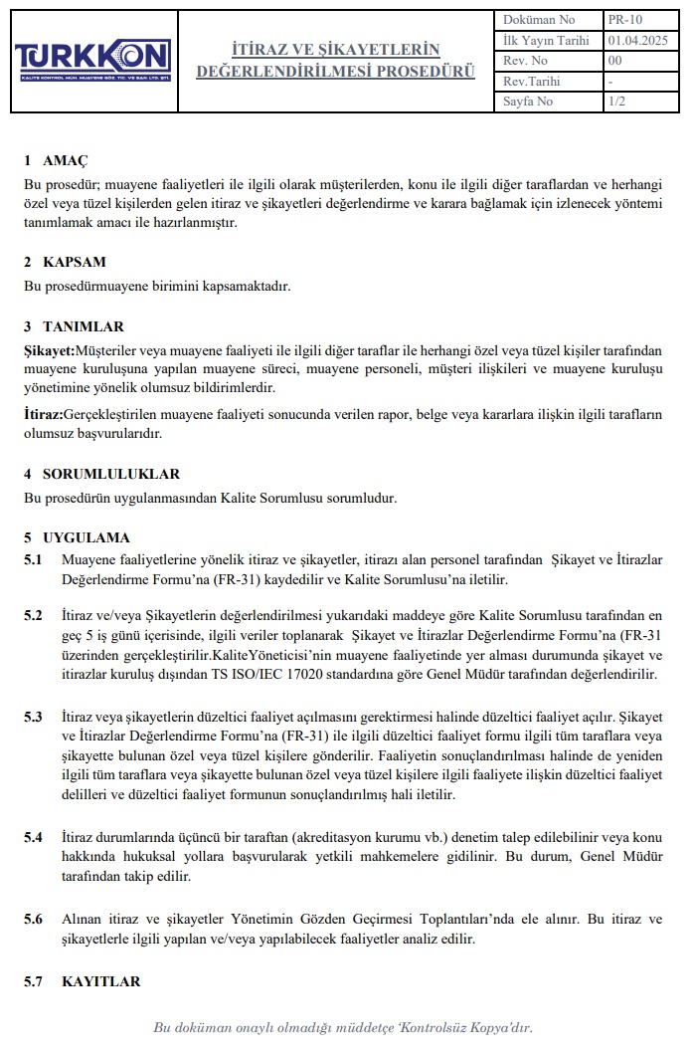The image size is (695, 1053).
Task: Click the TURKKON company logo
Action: tap(92, 59)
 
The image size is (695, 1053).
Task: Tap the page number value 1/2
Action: tap(616, 102)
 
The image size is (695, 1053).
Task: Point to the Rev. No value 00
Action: tap(614, 61)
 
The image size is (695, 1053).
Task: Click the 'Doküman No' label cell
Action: tap(539, 19)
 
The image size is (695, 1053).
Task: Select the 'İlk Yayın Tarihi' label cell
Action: tap(546, 40)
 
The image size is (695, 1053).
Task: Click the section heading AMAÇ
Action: tap(66, 160)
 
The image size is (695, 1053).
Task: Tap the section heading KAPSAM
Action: tap(75, 262)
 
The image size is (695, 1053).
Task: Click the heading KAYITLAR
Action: tap(100, 981)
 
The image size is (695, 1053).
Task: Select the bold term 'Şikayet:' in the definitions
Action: tap(50, 350)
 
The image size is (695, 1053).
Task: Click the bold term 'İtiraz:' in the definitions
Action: tap(44, 414)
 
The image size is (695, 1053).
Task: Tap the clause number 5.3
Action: tap(34, 717)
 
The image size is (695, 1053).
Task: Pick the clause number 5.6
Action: tap(34, 919)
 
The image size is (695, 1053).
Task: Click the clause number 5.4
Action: tap(34, 836)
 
